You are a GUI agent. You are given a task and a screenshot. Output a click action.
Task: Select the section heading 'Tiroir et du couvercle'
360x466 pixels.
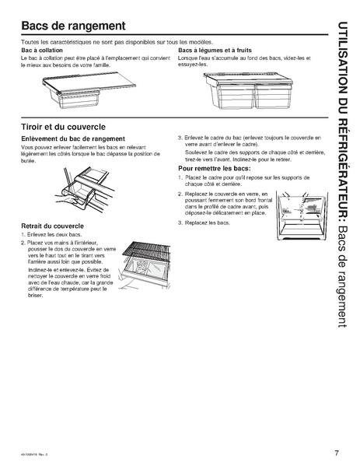[74, 125]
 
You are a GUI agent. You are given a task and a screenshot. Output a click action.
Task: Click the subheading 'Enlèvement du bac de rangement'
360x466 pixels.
[74, 138]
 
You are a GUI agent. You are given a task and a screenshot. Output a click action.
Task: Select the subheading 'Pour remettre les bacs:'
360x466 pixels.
[214, 168]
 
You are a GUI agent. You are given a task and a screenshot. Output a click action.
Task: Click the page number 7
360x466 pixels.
[335, 452]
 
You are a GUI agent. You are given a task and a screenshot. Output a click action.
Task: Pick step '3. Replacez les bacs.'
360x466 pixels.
[206, 222]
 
